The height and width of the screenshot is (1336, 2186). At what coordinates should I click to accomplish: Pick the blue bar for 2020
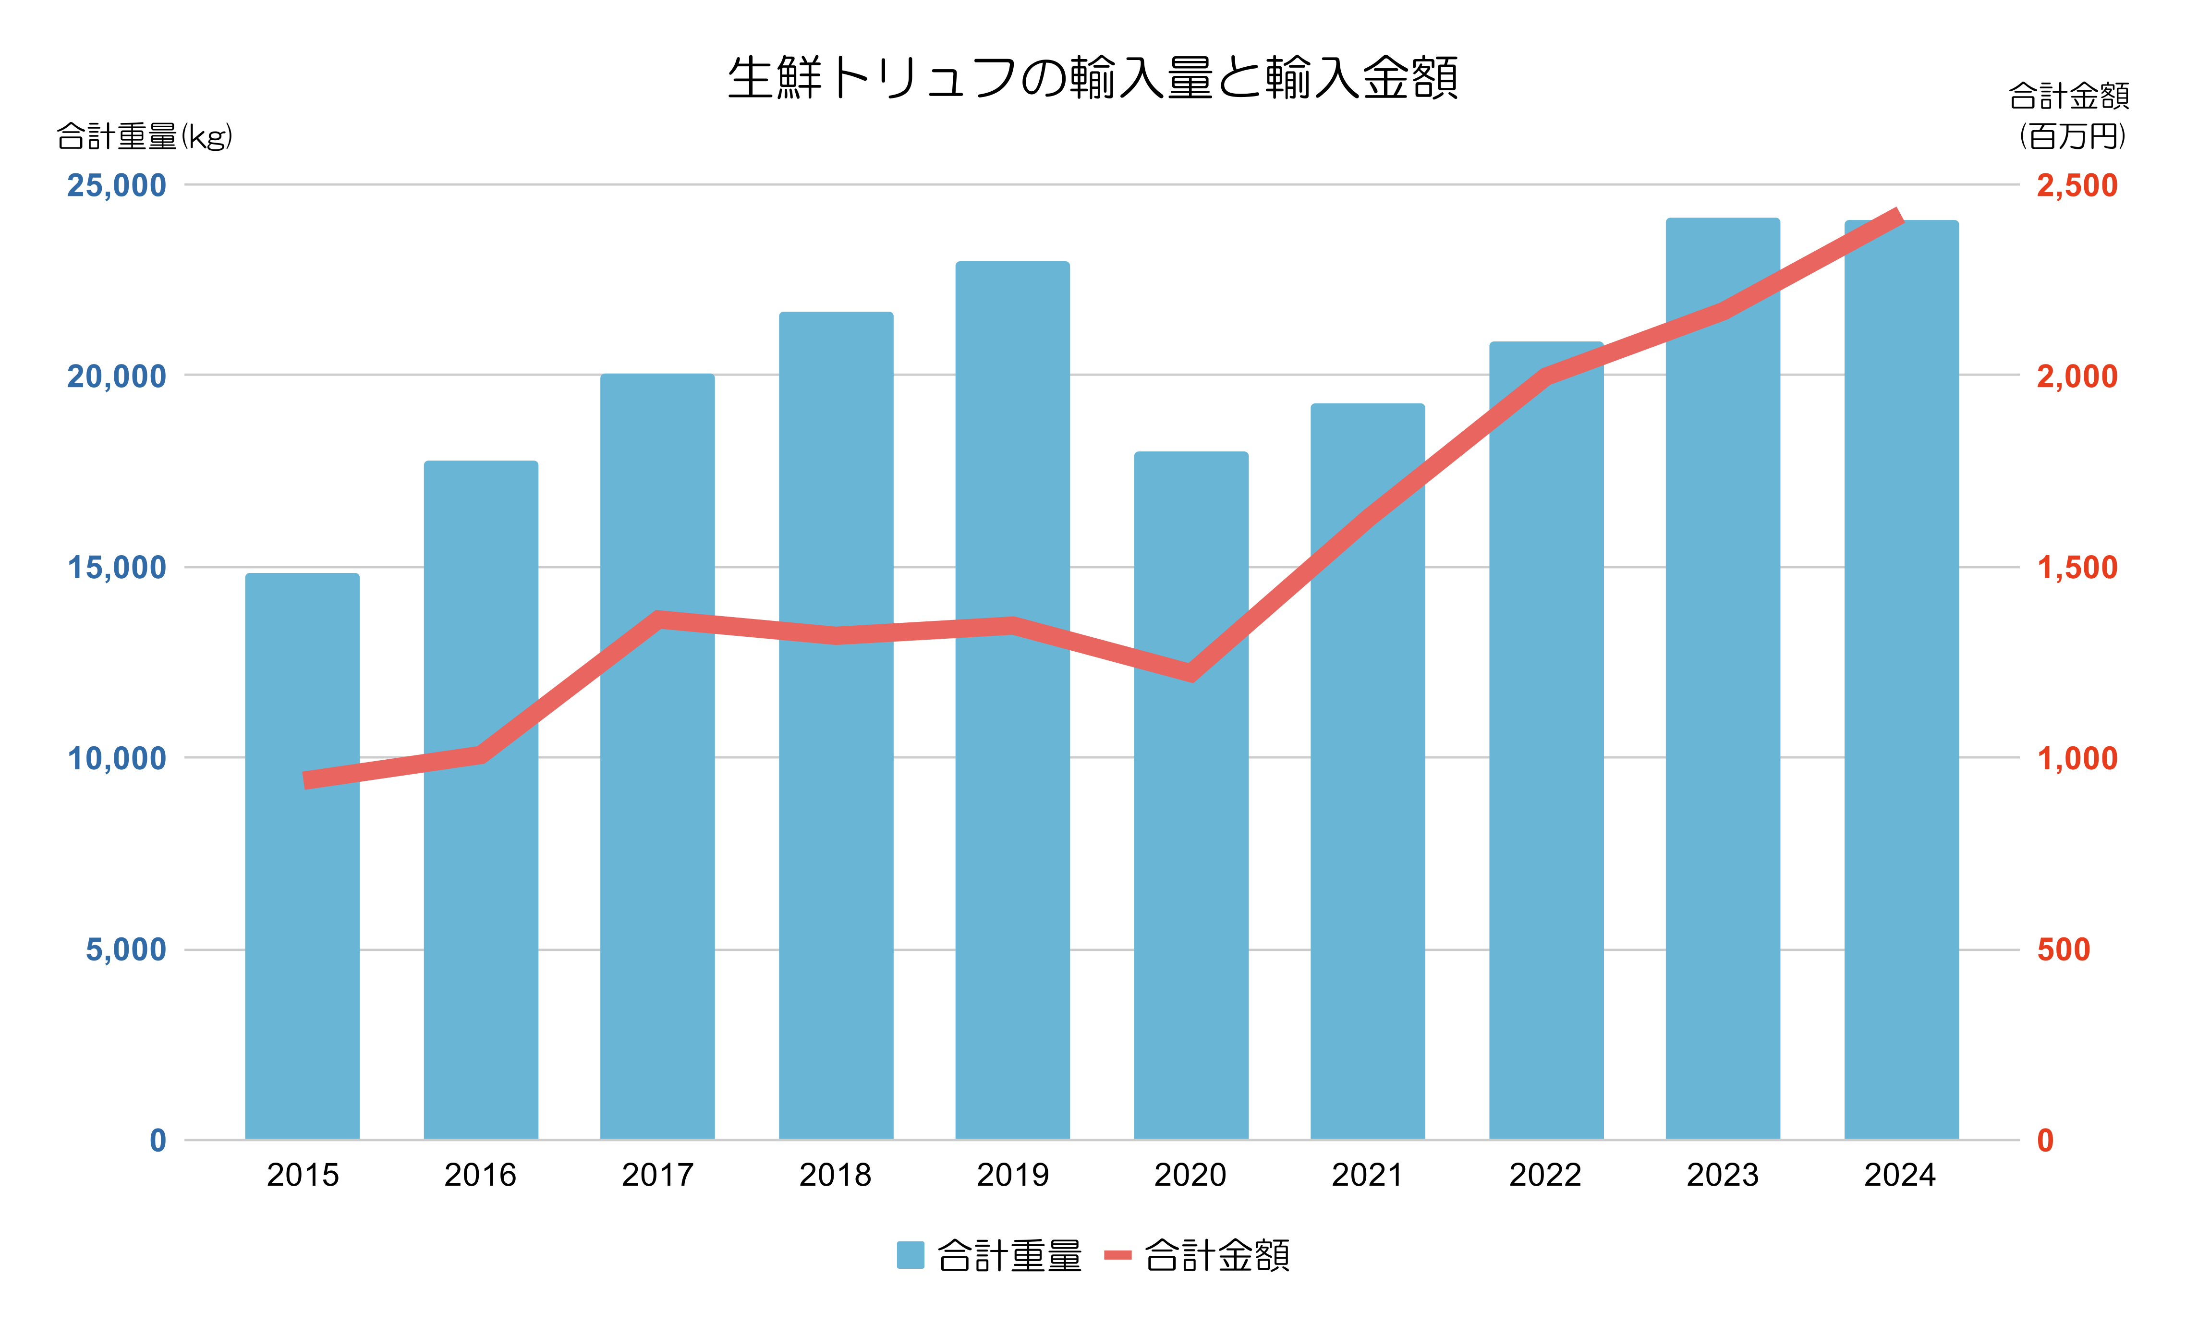click(1190, 887)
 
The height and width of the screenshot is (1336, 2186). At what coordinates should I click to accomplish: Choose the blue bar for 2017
click(657, 843)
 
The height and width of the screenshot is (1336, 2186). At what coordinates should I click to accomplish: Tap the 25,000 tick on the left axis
click(116, 185)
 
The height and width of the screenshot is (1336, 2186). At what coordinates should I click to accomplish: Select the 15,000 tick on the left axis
click(116, 568)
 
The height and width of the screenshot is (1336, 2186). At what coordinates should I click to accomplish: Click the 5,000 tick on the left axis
click(125, 950)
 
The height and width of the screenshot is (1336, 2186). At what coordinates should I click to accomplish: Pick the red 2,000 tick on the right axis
click(2076, 376)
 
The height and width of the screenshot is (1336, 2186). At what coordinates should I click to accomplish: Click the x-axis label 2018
click(835, 1176)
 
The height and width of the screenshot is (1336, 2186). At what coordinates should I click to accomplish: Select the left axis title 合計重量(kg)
click(145, 136)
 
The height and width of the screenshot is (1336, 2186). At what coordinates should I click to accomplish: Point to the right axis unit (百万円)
click(2073, 136)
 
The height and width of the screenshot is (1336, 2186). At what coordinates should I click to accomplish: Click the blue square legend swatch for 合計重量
click(910, 1255)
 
